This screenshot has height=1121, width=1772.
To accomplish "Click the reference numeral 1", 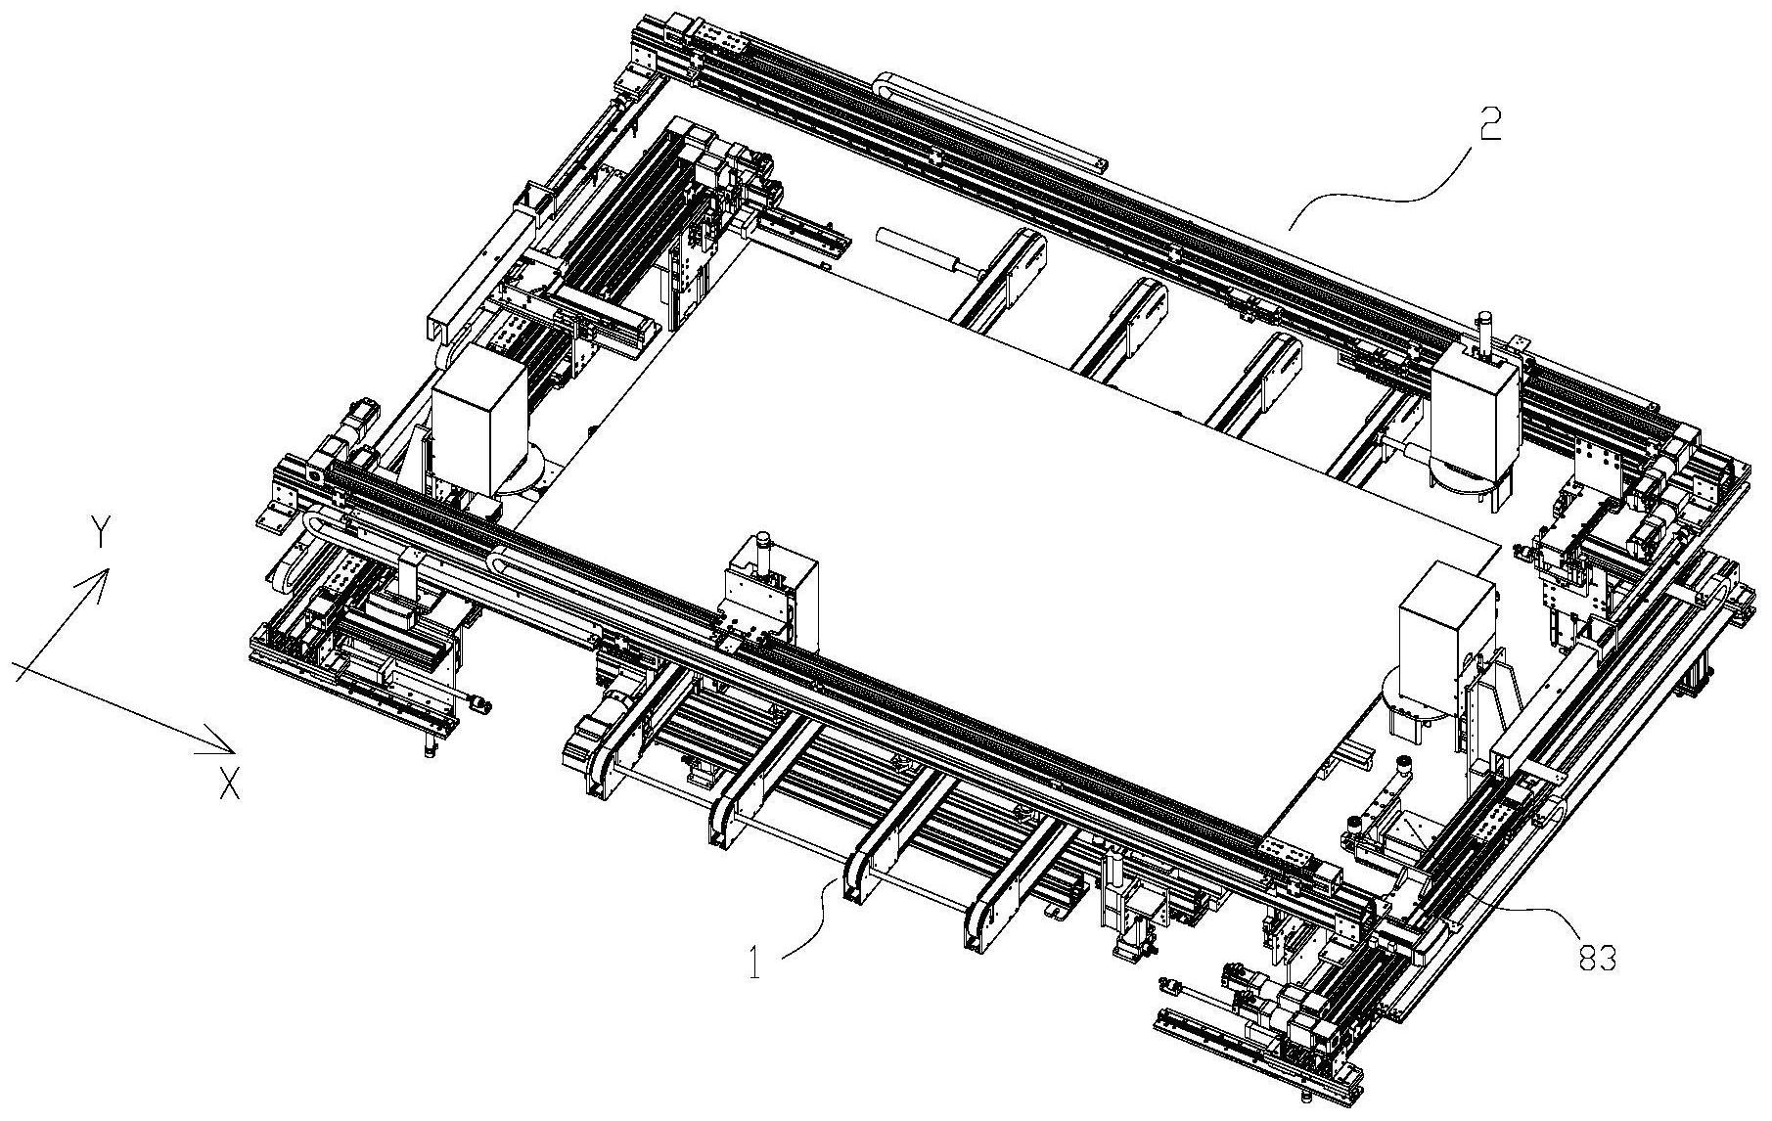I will (x=755, y=962).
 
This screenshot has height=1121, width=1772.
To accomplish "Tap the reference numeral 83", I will (x=1597, y=959).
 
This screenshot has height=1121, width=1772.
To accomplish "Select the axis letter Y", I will (x=100, y=533).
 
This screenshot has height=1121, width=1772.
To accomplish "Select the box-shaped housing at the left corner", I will (x=479, y=411).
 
